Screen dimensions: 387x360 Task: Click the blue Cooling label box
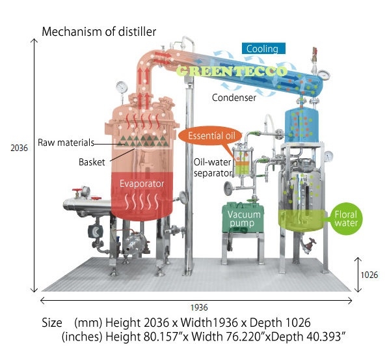point(263,48)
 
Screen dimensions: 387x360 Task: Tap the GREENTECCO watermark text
point(232,71)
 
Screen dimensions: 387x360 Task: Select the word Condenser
point(234,98)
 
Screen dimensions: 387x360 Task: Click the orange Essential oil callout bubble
point(210,136)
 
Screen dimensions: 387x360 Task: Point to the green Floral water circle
point(346,219)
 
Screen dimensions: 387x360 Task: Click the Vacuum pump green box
point(243,218)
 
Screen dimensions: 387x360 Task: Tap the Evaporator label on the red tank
point(142,184)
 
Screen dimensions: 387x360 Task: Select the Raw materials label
point(66,143)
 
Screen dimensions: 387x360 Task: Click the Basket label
point(92,162)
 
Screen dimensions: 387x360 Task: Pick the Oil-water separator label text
point(213,168)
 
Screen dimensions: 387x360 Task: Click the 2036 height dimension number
point(19,148)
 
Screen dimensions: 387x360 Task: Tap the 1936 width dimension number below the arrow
point(199,308)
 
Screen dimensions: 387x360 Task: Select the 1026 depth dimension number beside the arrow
point(369,275)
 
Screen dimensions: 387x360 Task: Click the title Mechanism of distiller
point(99,32)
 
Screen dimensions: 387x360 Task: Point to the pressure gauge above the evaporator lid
point(122,87)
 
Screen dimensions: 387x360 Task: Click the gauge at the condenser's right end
point(323,75)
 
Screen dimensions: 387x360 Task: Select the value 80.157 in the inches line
point(163,337)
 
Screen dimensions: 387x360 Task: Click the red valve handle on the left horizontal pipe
point(77,190)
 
